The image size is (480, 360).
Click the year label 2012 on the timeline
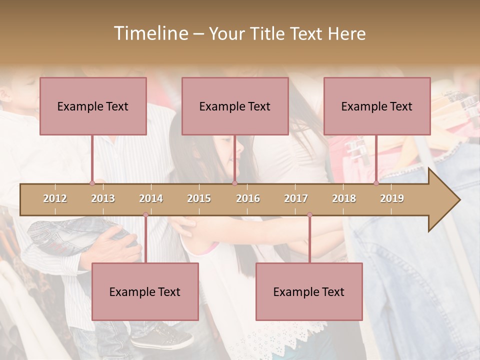coord(55,198)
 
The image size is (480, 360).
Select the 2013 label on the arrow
coord(103,198)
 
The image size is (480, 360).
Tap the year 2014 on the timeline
coord(151,198)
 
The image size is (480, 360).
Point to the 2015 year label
coord(199,198)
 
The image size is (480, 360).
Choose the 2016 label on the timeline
coord(248,198)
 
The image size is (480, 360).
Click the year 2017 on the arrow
coord(296,198)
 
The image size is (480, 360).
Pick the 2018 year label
coord(344,198)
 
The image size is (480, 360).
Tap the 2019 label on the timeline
coord(392,198)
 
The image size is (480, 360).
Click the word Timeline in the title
coord(150,33)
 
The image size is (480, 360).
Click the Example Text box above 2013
coord(93,106)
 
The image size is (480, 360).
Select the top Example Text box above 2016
coord(235,106)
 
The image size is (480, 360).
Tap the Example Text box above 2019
coord(377,106)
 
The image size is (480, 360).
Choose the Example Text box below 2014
coord(145,291)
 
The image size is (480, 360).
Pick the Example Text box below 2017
coord(309,291)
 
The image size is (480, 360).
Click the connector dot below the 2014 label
coord(145,215)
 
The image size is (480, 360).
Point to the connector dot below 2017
coord(309,215)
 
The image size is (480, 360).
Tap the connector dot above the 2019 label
coord(376,183)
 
